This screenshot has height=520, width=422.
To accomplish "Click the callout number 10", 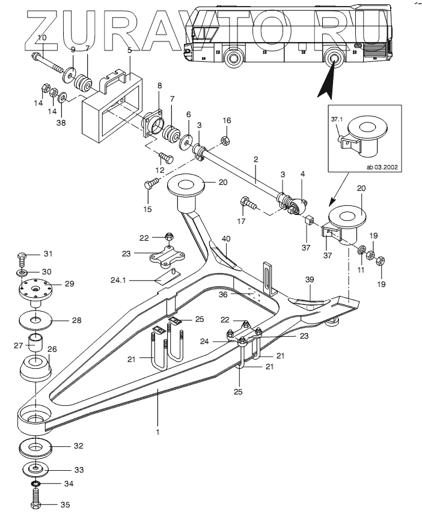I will point(41,37).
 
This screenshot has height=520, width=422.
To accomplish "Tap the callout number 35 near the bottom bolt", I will point(66,504).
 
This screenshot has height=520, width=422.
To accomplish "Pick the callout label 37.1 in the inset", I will point(338,119).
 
